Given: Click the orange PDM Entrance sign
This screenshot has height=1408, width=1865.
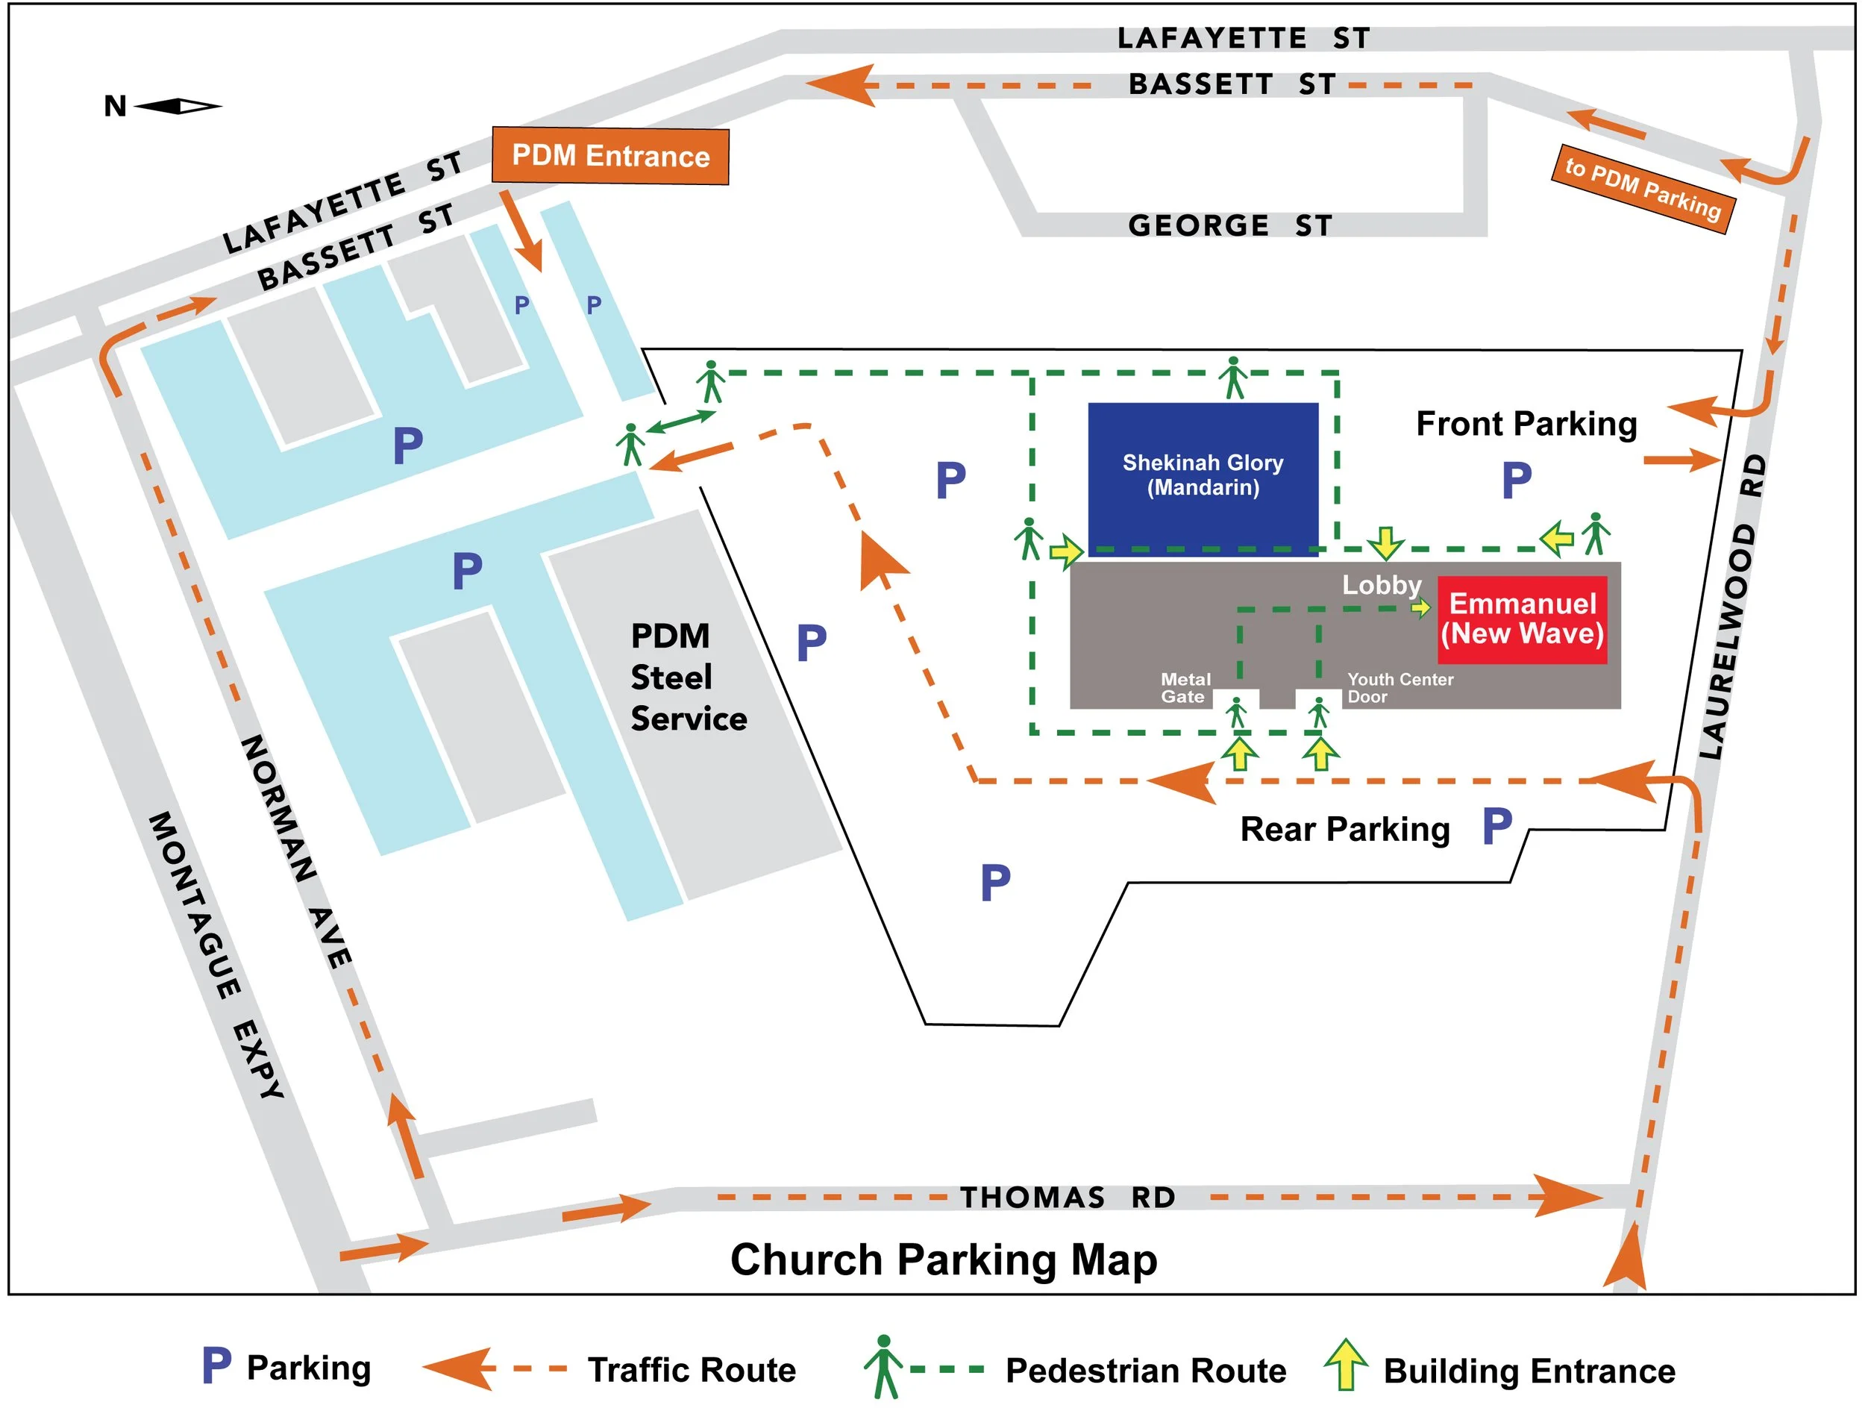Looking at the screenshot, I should pyautogui.click(x=609, y=156).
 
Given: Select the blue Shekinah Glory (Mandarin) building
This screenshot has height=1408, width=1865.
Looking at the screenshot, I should pyautogui.click(x=1203, y=476).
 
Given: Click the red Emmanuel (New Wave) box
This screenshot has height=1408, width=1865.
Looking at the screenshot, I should pyautogui.click(x=1522, y=619).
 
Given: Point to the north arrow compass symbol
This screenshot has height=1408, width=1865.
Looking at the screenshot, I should pyautogui.click(x=177, y=106).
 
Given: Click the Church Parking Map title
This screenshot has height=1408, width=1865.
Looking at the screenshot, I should pyautogui.click(x=943, y=1260).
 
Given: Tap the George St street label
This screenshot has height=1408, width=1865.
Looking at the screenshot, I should pyautogui.click(x=1229, y=226).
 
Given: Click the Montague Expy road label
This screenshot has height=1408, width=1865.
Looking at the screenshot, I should pyautogui.click(x=216, y=955).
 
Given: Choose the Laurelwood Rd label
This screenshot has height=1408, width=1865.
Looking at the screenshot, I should pyautogui.click(x=1734, y=607).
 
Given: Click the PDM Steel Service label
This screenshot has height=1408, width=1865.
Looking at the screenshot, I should pyautogui.click(x=687, y=678).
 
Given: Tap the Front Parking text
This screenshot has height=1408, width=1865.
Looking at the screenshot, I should pyautogui.click(x=1526, y=424).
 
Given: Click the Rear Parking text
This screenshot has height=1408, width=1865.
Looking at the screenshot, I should pyautogui.click(x=1344, y=830).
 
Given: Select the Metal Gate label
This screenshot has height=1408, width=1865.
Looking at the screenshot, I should pyautogui.click(x=1185, y=688).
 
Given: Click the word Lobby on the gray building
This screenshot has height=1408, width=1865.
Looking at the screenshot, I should pyautogui.click(x=1381, y=584).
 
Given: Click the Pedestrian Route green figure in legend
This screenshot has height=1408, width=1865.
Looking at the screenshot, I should pyautogui.click(x=883, y=1367).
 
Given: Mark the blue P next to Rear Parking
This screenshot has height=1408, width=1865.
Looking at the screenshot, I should pyautogui.click(x=1496, y=826).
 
